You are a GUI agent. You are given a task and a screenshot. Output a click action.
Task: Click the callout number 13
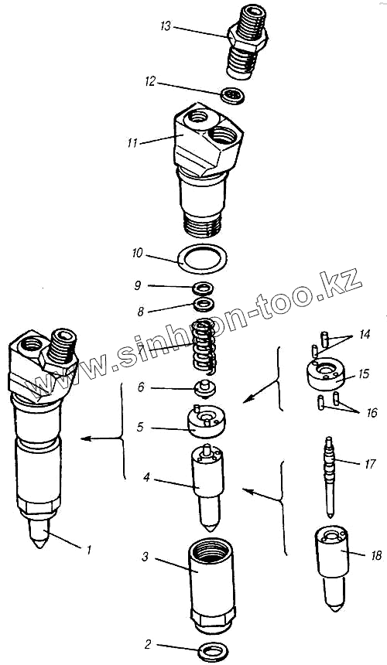(x=166, y=27)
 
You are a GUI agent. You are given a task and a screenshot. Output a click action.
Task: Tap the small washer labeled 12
(x=232, y=95)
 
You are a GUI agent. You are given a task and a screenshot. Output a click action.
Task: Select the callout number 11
(x=133, y=143)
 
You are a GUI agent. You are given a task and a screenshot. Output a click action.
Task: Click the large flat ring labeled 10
(x=202, y=259)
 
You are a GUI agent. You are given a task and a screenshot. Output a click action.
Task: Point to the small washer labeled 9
(x=203, y=288)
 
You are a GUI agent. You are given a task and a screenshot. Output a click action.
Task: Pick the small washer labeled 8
(x=203, y=304)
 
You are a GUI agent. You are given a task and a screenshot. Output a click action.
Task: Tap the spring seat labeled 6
(x=205, y=389)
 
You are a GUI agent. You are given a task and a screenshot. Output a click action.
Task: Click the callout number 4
(x=146, y=479)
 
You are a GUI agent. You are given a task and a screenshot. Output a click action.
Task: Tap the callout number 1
(x=89, y=550)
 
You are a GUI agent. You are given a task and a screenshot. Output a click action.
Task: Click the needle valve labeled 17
(x=330, y=476)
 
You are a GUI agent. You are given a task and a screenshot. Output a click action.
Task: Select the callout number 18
(x=376, y=555)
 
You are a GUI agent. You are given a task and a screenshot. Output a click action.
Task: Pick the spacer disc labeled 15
(x=326, y=374)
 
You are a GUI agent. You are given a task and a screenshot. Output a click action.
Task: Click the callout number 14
(x=365, y=335)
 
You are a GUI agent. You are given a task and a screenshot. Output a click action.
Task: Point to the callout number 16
(x=372, y=413)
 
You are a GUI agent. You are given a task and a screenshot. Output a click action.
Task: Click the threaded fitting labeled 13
(x=246, y=40)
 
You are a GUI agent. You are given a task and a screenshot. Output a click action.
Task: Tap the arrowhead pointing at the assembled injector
(x=86, y=439)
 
